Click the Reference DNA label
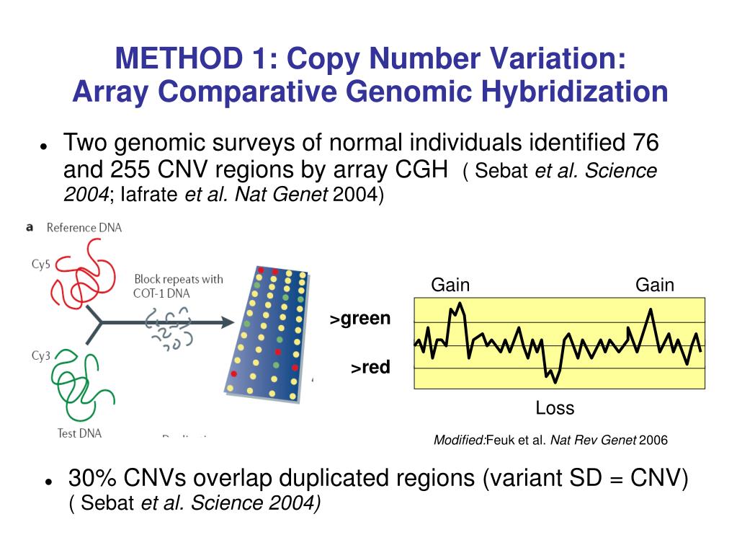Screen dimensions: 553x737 tap(84, 228)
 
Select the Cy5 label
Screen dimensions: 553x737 tap(40, 265)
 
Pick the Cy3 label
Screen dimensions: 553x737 tap(40, 355)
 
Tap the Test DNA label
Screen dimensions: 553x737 tap(79, 433)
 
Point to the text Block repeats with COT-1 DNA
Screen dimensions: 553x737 tap(178, 286)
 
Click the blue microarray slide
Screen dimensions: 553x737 tap(267, 332)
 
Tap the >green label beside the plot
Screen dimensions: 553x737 tap(360, 319)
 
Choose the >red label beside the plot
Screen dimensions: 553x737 tap(370, 368)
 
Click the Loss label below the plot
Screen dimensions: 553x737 tap(555, 408)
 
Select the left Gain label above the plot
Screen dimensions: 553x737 tap(450, 285)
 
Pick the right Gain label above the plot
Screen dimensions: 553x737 tap(654, 285)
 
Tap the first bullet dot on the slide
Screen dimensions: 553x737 tap(43, 146)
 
